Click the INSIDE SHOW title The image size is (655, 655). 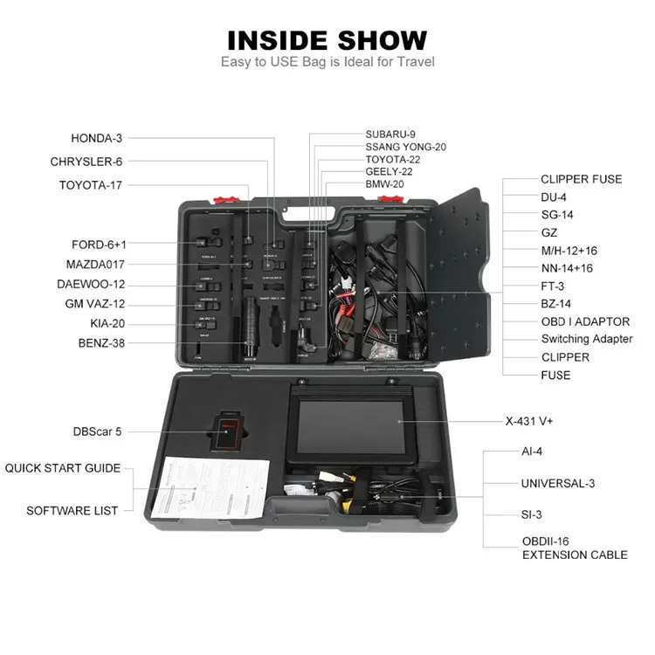click(x=327, y=39)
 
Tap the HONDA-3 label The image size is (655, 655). click(x=97, y=138)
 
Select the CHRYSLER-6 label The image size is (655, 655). click(x=86, y=162)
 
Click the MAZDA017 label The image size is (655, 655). click(x=95, y=264)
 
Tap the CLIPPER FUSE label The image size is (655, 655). click(x=581, y=179)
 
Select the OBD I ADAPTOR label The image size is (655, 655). click(x=585, y=321)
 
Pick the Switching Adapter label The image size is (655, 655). click(x=586, y=339)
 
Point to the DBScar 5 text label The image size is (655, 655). click(x=98, y=431)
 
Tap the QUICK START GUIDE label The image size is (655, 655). click(x=63, y=468)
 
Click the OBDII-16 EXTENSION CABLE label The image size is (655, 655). click(x=574, y=548)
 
